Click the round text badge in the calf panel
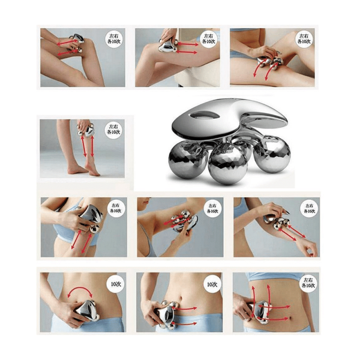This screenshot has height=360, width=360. [x=112, y=129]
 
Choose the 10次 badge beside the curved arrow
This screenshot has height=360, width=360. [x=112, y=283]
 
